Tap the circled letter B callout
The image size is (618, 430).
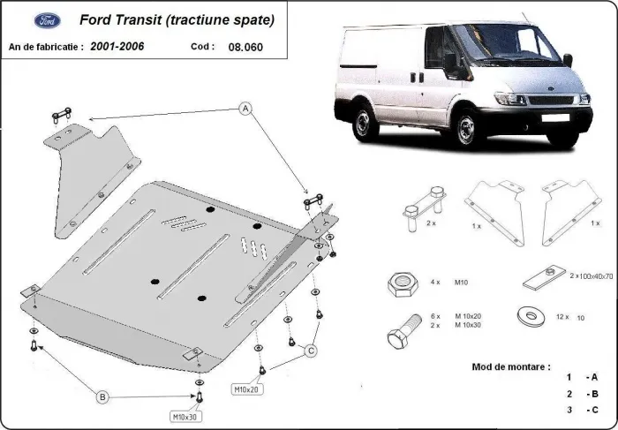click(x=103, y=397)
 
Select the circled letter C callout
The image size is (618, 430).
click(x=311, y=351)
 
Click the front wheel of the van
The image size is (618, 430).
click(x=464, y=132)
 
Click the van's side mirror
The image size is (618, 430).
click(x=451, y=64)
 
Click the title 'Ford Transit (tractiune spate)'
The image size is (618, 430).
click(x=177, y=19)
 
